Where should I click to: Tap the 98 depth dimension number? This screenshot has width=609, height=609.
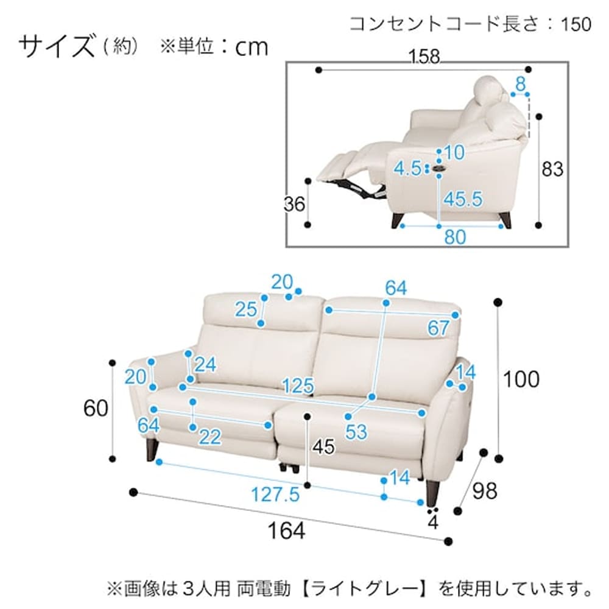(x=484, y=491)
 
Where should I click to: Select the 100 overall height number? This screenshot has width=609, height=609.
(x=521, y=379)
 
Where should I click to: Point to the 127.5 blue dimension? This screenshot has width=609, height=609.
(x=276, y=495)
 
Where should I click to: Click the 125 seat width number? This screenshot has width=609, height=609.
(x=298, y=385)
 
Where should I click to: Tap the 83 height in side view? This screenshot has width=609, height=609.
(x=553, y=169)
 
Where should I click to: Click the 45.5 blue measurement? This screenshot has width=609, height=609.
(x=463, y=199)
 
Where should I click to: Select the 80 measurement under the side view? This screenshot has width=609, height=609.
(x=454, y=237)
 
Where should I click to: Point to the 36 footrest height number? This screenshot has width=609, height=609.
(x=295, y=205)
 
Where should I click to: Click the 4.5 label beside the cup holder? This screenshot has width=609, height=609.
(x=407, y=169)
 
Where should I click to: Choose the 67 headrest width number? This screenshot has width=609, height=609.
(x=438, y=329)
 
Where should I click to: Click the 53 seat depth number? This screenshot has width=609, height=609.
(x=356, y=431)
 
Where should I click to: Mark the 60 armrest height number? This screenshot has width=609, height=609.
(x=96, y=408)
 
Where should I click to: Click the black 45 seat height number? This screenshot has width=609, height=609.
(x=323, y=448)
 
